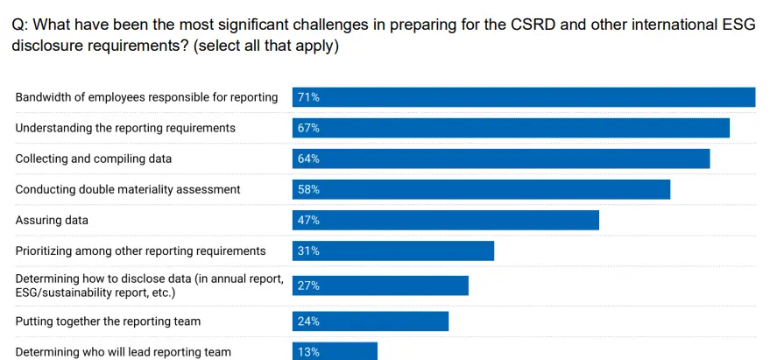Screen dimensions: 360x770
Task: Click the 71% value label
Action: (x=308, y=97)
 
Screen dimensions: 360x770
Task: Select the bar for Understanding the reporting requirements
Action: (x=511, y=128)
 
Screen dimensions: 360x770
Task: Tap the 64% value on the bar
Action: (x=308, y=159)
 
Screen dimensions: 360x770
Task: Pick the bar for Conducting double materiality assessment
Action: (x=481, y=189)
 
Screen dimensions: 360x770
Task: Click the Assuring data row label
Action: (x=52, y=220)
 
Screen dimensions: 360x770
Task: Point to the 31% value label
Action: (x=308, y=251)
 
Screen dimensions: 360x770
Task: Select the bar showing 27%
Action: (x=380, y=286)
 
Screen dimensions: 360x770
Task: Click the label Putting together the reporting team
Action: (x=108, y=321)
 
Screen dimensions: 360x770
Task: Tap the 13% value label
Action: (x=308, y=351)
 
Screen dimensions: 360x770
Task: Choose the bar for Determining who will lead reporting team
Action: (x=335, y=351)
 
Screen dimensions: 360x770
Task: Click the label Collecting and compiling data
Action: (x=94, y=159)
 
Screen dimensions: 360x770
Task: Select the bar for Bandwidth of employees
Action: (x=524, y=97)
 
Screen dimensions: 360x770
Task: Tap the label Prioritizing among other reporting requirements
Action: (x=140, y=251)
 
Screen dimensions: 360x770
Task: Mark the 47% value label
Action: (x=308, y=220)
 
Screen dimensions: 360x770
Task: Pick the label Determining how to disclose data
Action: (x=149, y=279)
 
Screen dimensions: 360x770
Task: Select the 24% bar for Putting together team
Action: (x=371, y=321)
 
